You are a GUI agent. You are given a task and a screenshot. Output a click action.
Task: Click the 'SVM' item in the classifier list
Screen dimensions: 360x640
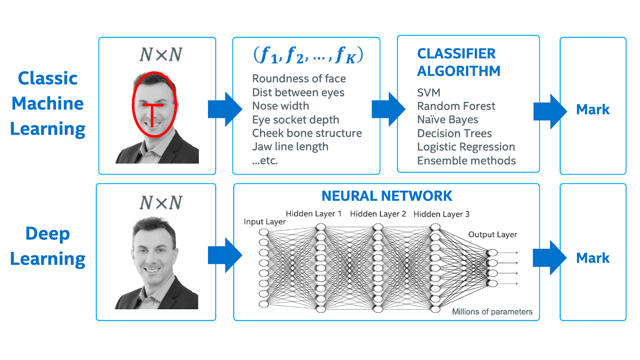[x=428, y=93]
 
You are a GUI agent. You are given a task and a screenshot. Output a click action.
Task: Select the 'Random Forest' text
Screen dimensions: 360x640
[x=456, y=106]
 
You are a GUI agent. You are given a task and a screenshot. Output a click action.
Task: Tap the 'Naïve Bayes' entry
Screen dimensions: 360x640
[x=448, y=120]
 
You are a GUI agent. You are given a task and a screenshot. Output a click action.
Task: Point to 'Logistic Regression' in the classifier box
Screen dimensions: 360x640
[x=466, y=147]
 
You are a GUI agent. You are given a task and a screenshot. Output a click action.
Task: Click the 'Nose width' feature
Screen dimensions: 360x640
[x=280, y=106]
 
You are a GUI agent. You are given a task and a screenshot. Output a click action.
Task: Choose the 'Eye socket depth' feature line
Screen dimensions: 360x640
[x=296, y=120]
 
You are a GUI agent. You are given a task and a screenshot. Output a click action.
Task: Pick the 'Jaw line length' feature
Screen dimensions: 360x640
[x=290, y=147]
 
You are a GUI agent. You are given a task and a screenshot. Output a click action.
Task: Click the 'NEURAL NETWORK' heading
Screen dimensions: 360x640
[x=387, y=196]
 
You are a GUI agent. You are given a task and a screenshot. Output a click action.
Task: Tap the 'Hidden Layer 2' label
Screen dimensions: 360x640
[x=378, y=214]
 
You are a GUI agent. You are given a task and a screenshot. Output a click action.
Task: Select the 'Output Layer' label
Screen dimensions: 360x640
[x=492, y=235]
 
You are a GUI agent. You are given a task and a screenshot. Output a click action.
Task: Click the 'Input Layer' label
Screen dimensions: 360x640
[x=264, y=222]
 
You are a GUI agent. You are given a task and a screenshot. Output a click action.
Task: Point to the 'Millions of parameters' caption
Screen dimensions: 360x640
[x=492, y=312]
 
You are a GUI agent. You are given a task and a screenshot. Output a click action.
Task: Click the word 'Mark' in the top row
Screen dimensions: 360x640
[x=593, y=110]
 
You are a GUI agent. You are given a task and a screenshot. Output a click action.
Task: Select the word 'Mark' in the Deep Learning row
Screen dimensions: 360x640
[x=593, y=258]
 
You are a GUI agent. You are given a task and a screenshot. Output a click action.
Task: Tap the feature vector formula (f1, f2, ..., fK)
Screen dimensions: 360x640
[x=308, y=55]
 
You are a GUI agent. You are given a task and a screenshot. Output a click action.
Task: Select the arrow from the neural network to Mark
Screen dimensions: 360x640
[x=549, y=258]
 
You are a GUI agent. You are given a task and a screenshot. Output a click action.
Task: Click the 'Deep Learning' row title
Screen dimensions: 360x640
[x=48, y=246]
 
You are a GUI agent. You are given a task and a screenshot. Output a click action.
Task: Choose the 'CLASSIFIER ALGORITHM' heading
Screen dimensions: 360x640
[x=458, y=62]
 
